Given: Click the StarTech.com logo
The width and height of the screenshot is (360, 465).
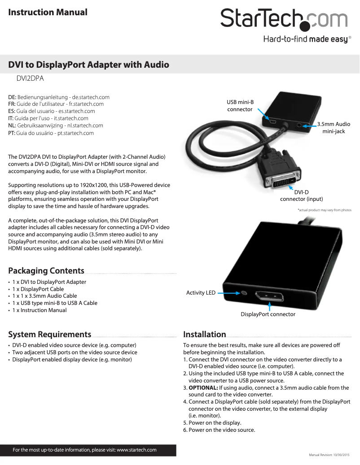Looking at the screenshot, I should coord(284,19).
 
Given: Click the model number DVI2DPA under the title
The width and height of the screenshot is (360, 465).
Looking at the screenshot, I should coord(30,78).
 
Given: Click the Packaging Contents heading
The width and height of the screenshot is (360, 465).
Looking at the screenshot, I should coord(46,270).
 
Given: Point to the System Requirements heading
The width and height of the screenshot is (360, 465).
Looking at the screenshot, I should coord(49,334).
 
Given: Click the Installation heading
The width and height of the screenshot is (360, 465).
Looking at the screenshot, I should coord(204,334).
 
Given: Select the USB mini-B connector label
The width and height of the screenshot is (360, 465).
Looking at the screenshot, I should coord(240,106).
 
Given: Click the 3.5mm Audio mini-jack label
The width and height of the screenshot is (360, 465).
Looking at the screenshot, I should coord(334,128).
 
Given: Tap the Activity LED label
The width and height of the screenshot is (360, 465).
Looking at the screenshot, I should coord(201,293).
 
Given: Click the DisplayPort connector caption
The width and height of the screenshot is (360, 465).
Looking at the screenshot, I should coord(268,314).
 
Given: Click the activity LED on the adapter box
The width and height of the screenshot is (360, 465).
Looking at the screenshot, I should coord(244,293).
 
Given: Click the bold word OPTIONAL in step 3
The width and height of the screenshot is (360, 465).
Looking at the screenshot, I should coord(203,387).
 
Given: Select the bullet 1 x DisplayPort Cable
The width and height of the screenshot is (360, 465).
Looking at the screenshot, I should coord(38,289).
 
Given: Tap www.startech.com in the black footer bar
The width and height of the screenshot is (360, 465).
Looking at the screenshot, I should coord(136,450).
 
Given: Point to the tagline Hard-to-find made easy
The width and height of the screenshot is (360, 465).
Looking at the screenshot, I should coord(305,39).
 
